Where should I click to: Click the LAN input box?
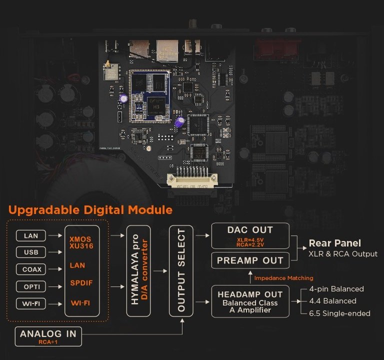tap(31, 235)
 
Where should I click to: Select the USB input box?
tap(31, 252)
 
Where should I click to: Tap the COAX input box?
tap(31, 269)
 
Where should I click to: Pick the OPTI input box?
tap(31, 286)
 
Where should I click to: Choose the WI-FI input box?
tap(31, 303)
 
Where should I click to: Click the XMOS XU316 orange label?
tap(81, 242)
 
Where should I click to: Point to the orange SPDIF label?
tap(81, 283)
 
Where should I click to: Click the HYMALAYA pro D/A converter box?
tap(138, 271)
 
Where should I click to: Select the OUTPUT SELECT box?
tap(181, 271)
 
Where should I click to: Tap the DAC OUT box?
tap(250, 236)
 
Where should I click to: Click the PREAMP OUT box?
tap(250, 260)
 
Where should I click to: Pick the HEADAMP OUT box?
tap(250, 301)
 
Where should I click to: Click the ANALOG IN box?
tap(48, 336)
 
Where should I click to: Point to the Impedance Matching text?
tap(283, 278)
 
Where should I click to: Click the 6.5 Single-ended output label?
tap(339, 313)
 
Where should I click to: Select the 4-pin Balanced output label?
tap(336, 289)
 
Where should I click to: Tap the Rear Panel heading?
tap(335, 243)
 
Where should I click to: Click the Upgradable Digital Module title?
tap(90, 210)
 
